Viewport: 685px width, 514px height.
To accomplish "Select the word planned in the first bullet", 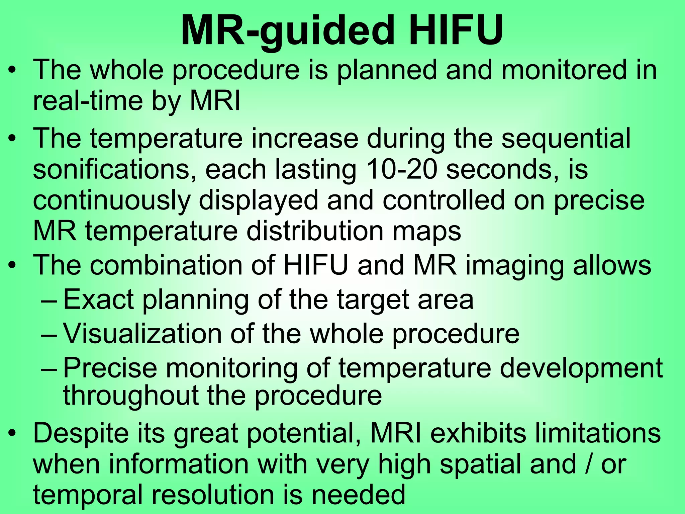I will click(x=387, y=70).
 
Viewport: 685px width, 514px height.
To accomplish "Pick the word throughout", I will click(x=131, y=396).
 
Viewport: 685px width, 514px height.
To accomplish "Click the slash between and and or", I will click(x=589, y=464).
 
